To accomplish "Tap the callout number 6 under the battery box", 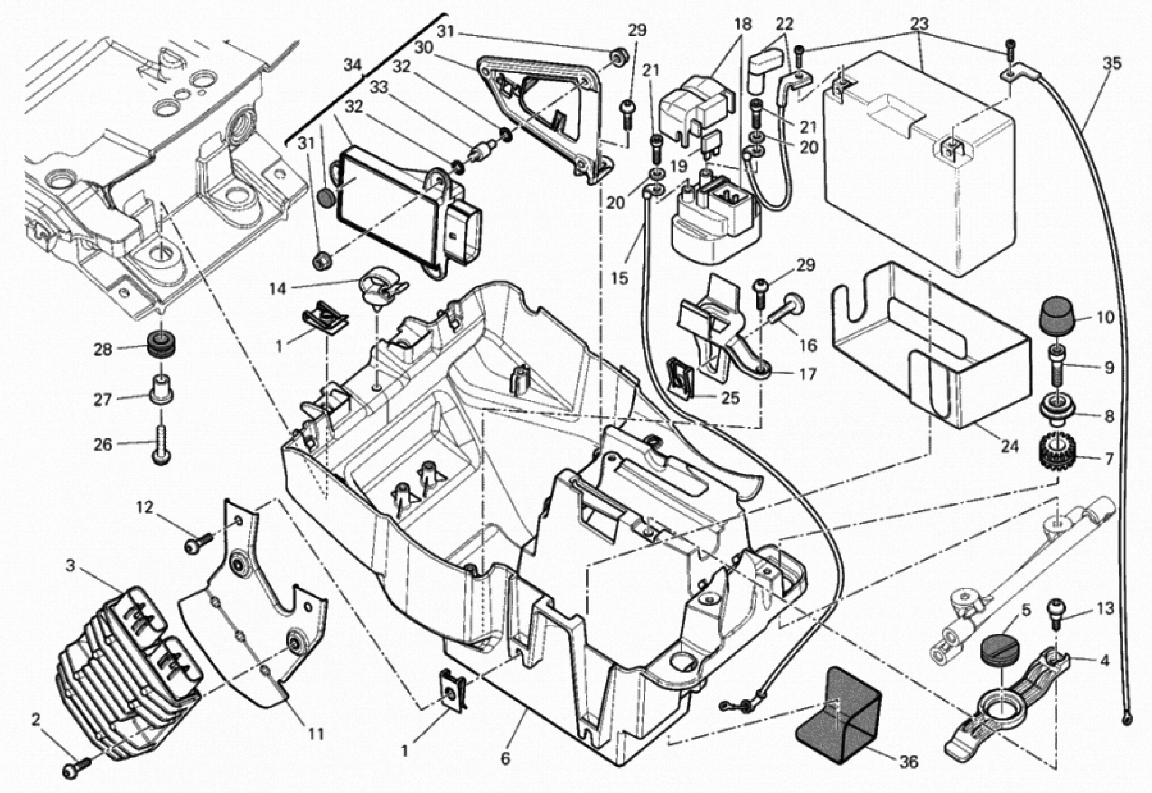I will (505, 759).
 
